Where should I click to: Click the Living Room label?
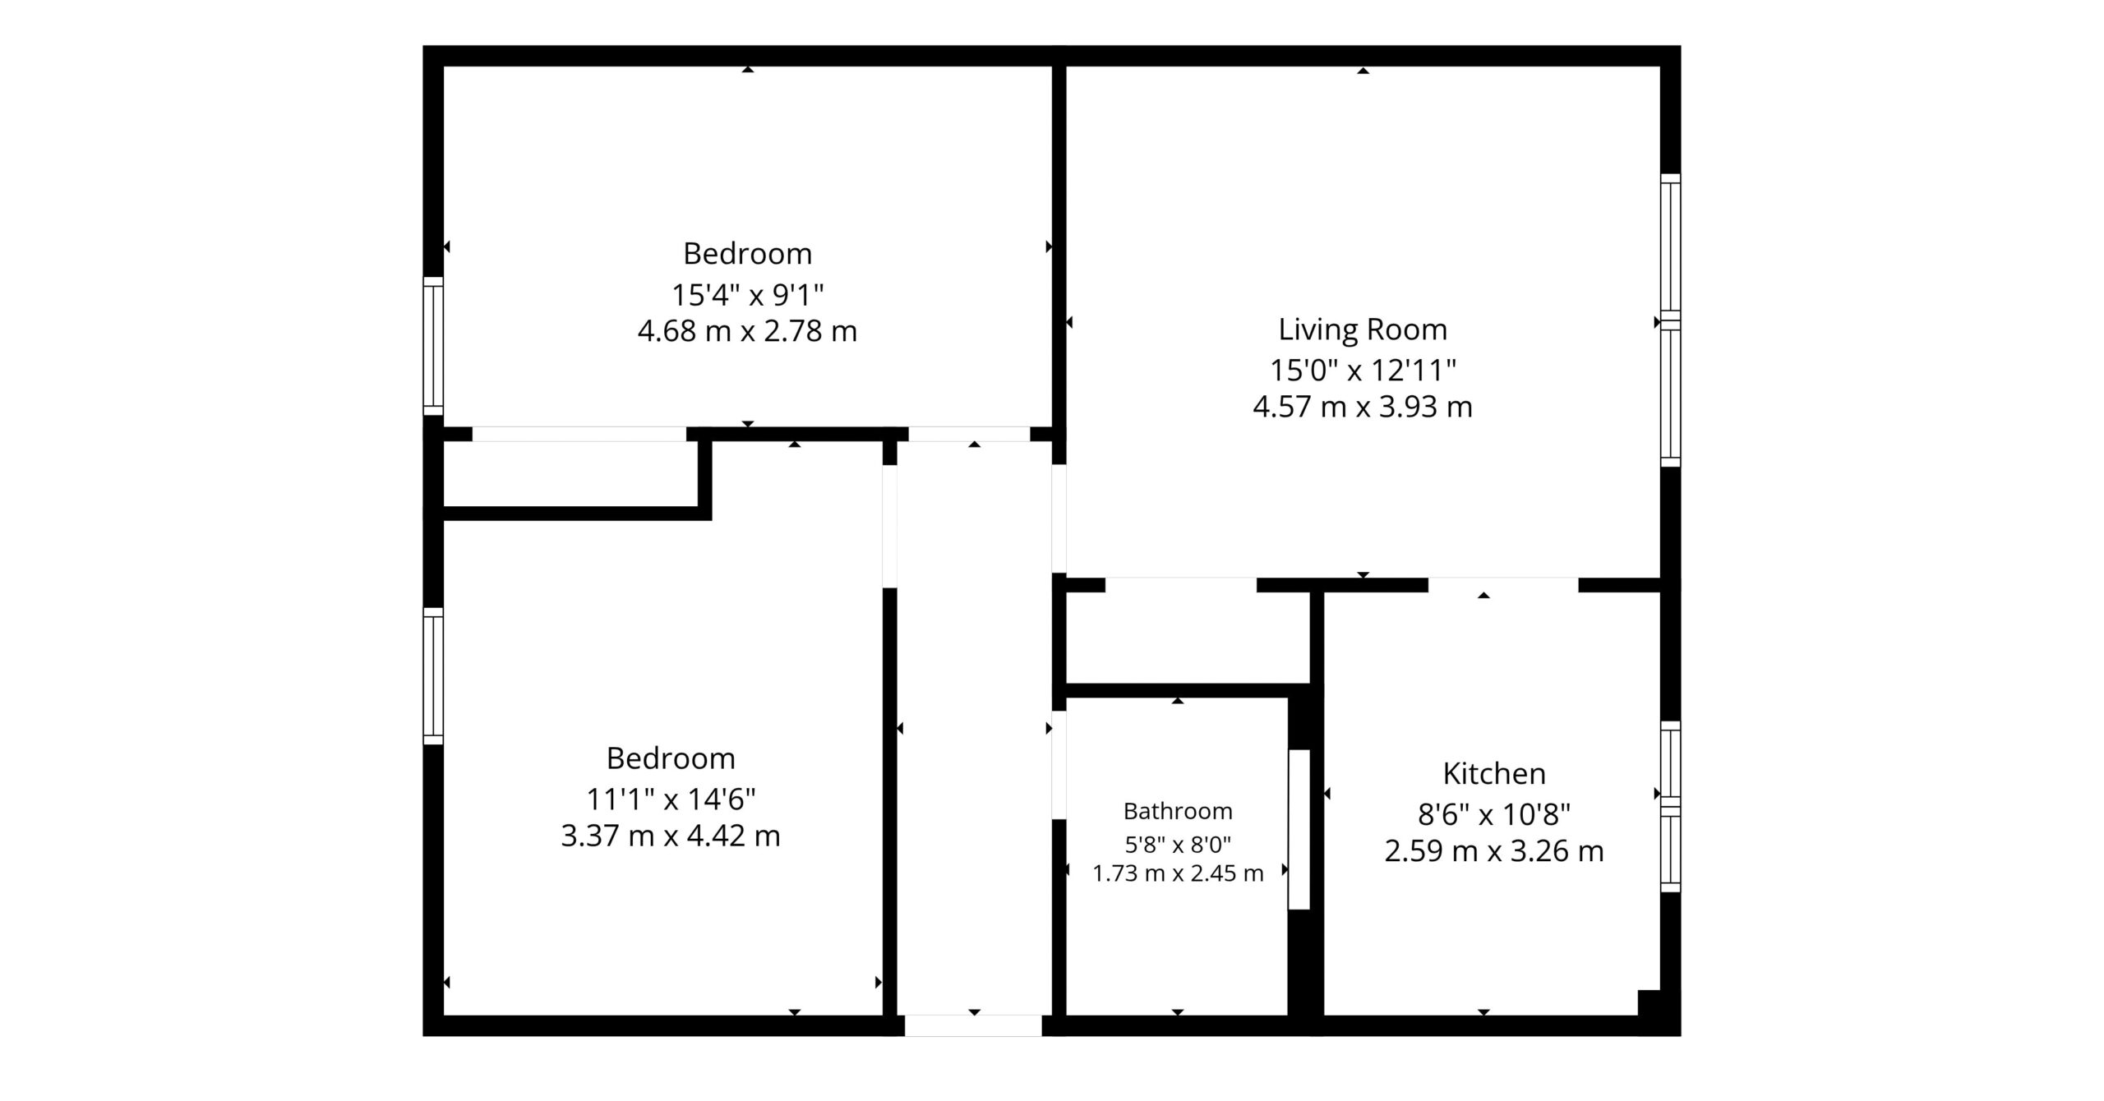pyautogui.click(x=1362, y=329)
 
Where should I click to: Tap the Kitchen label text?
pyautogui.click(x=1494, y=773)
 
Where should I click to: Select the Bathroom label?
pyautogui.click(x=1178, y=811)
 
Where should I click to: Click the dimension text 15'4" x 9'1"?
pyautogui.click(x=747, y=293)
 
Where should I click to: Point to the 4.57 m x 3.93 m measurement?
pyautogui.click(x=1362, y=407)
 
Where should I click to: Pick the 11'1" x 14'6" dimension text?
pyautogui.click(x=671, y=798)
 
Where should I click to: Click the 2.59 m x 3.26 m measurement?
pyautogui.click(x=1494, y=850)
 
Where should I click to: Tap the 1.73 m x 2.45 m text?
pyautogui.click(x=1178, y=873)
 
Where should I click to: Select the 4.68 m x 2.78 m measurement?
pyautogui.click(x=747, y=331)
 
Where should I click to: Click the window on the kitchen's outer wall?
pyautogui.click(x=1670, y=806)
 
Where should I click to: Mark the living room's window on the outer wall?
pyautogui.click(x=1670, y=320)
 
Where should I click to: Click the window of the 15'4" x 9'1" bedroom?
pyautogui.click(x=433, y=346)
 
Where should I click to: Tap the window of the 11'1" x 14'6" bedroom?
pyautogui.click(x=433, y=676)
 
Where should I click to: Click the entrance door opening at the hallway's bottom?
pyautogui.click(x=973, y=1025)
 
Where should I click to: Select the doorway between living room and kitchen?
pyautogui.click(x=1503, y=585)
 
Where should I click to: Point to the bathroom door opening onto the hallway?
pyautogui.click(x=1059, y=765)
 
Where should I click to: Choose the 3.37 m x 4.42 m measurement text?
pyautogui.click(x=671, y=836)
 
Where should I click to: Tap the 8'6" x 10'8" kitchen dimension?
pyautogui.click(x=1494, y=814)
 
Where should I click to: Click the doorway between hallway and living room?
pyautogui.click(x=1059, y=518)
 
